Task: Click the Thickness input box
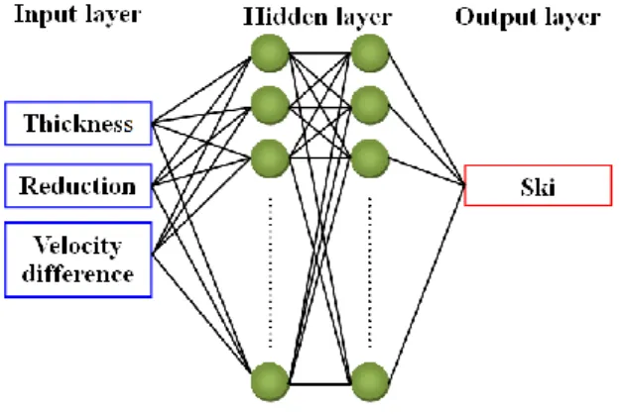tap(78, 124)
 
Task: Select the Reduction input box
tap(78, 185)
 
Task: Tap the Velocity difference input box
tap(78, 259)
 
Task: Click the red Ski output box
tap(538, 185)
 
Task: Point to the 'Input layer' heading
tap(77, 15)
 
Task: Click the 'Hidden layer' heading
tap(317, 18)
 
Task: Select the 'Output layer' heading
tap(528, 18)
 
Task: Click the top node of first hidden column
tap(270, 52)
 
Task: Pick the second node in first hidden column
tap(270, 106)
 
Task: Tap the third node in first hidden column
tap(270, 158)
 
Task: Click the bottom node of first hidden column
tap(270, 381)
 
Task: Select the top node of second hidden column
tap(370, 52)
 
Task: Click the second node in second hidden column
tap(370, 106)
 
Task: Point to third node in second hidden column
tap(370, 158)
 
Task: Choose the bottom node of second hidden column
tap(370, 381)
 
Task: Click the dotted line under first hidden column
tap(271, 272)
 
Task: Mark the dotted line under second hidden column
tap(370, 272)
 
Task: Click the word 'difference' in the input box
tap(77, 274)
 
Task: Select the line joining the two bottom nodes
tap(320, 384)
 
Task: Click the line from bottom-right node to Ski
tap(427, 282)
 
